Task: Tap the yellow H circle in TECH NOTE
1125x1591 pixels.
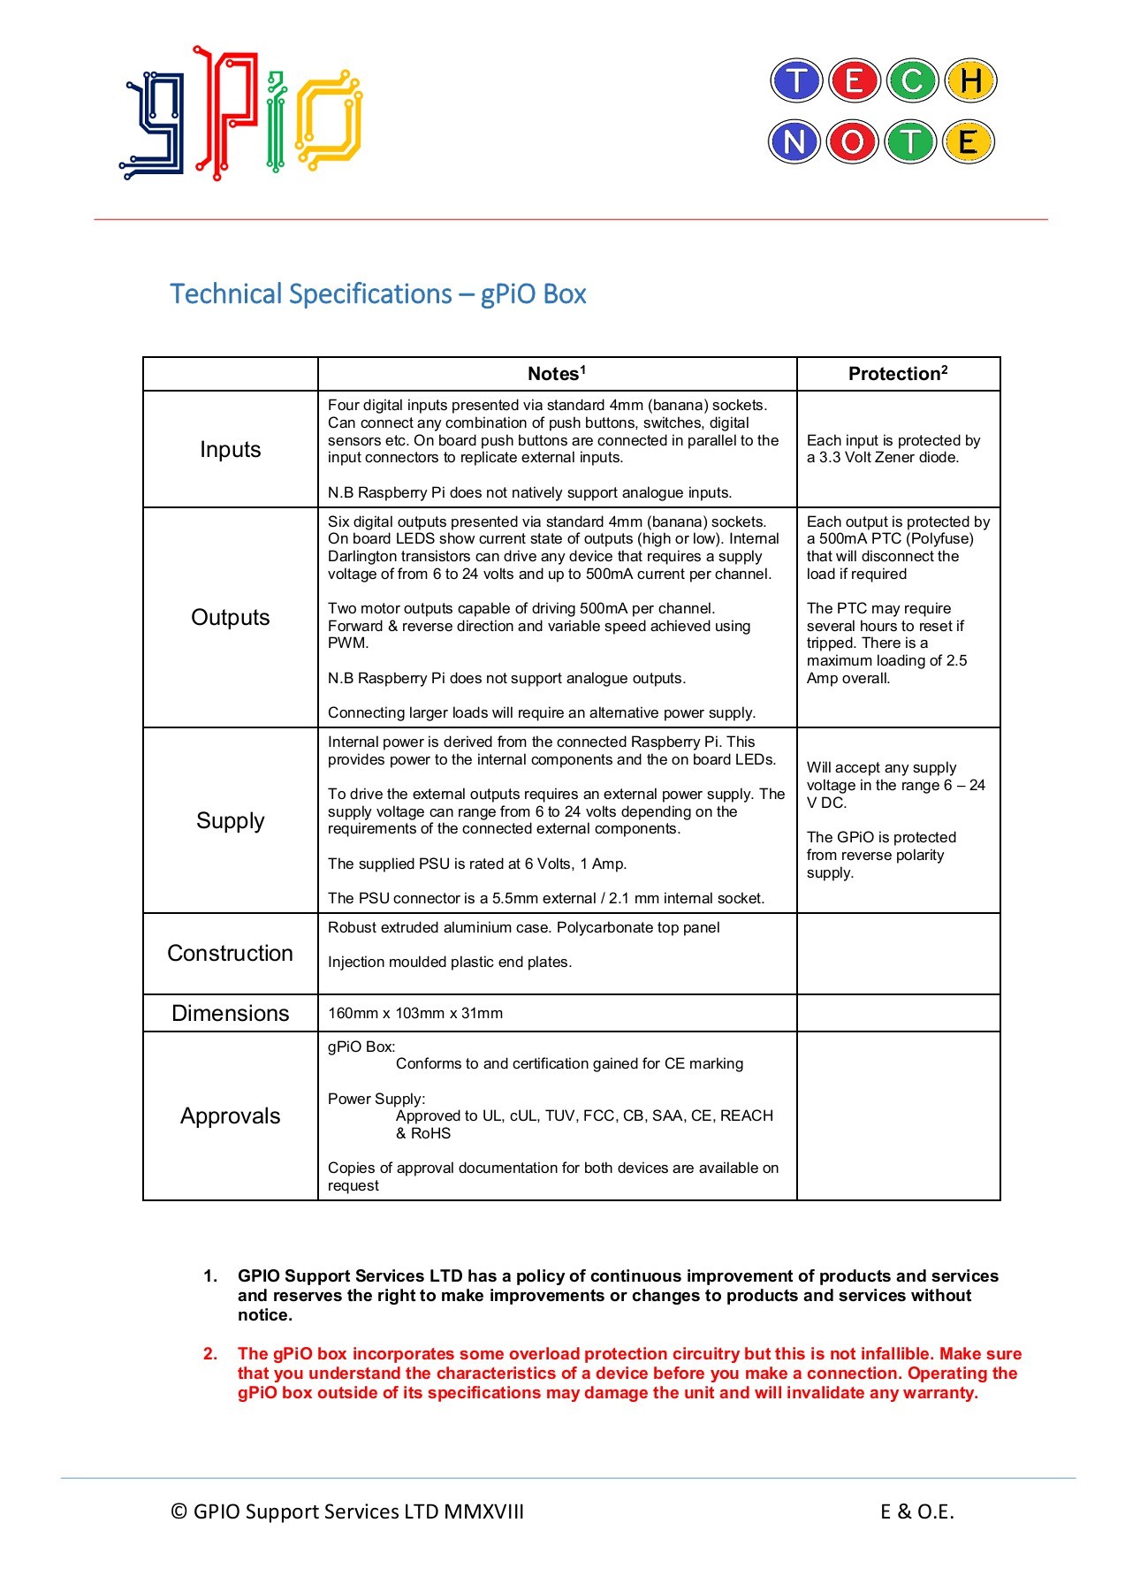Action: (970, 81)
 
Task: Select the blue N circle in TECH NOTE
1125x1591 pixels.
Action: (794, 141)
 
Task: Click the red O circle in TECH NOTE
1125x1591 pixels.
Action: (852, 141)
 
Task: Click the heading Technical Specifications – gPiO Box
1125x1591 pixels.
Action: (377, 293)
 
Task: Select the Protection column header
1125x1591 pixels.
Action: (897, 374)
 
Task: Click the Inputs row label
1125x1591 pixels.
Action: (230, 449)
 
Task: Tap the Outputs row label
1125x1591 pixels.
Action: (230, 617)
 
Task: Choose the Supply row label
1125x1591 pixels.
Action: (230, 820)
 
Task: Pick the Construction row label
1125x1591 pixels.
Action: (230, 953)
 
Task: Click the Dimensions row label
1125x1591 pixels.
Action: (230, 1013)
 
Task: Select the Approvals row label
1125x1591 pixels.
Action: (230, 1115)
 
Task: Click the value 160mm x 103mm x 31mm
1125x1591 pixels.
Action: (414, 1013)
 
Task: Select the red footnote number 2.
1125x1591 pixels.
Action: (210, 1353)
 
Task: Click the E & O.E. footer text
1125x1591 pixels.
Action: (916, 1511)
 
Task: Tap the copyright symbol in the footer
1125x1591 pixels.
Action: (179, 1511)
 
